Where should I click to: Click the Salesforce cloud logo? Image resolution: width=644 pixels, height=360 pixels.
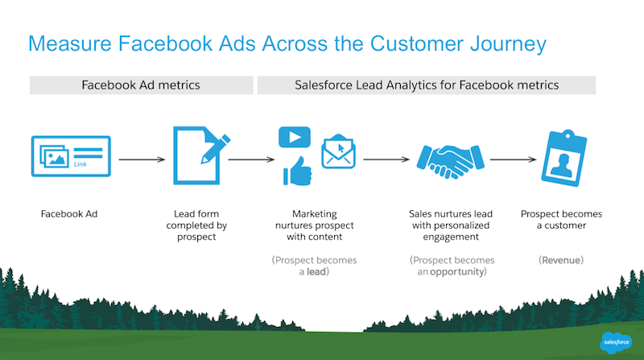point(616,342)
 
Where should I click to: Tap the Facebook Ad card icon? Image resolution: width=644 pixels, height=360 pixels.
point(71,156)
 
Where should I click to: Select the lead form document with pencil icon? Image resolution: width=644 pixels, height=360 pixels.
point(201,155)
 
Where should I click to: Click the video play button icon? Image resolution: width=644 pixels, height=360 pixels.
point(295,137)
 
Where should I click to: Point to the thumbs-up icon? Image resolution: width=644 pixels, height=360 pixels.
point(298,171)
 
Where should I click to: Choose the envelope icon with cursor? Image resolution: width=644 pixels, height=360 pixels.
point(338,151)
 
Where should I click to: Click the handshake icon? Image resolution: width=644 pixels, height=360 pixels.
point(451,162)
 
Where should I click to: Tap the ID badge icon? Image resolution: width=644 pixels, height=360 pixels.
point(564,158)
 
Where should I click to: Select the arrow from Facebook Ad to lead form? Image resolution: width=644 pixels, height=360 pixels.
point(142,159)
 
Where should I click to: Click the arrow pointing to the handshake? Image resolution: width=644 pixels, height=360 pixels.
point(386,159)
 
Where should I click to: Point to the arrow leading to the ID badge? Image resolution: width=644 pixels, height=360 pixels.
point(514,159)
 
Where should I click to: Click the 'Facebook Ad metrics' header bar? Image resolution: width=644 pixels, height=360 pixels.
point(142,85)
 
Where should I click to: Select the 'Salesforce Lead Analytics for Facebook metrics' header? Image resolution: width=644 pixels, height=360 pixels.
point(427,85)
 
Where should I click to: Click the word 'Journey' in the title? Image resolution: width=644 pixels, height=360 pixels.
point(508,44)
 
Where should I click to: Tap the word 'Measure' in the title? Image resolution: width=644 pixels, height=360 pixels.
point(70,43)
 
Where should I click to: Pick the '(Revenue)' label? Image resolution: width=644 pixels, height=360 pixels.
point(561,260)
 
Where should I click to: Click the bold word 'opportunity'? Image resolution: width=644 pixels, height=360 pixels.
point(456,272)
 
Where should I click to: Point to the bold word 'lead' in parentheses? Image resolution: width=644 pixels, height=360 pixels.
point(316,271)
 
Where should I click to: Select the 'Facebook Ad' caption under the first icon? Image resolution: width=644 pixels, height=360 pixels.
point(69,213)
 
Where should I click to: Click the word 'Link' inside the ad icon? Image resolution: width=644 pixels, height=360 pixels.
point(80,164)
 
